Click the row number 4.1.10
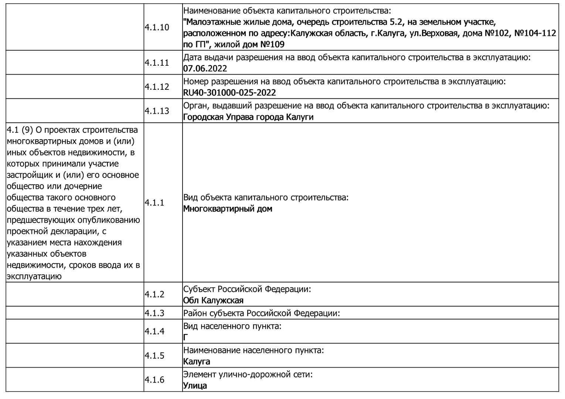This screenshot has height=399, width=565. [x=157, y=27]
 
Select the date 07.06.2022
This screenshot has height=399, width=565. [x=205, y=68]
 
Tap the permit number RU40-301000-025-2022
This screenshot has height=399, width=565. [x=229, y=92]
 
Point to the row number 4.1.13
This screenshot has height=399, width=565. [x=157, y=111]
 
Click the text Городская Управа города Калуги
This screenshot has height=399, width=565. [x=248, y=117]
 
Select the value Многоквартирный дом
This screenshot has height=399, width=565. [x=228, y=209]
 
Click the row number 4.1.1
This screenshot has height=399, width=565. [x=154, y=202]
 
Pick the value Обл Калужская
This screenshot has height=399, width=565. [x=213, y=300]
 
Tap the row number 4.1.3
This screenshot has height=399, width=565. [x=154, y=313]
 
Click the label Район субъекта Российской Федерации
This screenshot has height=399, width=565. [x=261, y=313]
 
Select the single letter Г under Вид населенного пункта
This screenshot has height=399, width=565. [x=186, y=337]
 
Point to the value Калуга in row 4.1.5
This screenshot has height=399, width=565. [x=197, y=361]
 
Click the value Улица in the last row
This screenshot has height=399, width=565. [x=195, y=386]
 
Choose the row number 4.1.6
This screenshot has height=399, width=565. [x=154, y=380]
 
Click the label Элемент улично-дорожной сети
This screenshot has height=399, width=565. [x=248, y=374]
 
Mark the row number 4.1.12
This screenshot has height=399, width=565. [x=157, y=86]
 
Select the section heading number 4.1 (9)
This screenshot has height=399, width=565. [x=19, y=130]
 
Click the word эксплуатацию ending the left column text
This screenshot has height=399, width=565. [x=34, y=276]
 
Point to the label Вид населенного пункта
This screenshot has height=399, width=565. [x=232, y=326]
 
